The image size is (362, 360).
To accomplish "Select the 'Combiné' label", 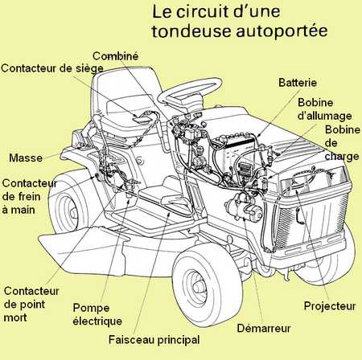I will pos(115,55).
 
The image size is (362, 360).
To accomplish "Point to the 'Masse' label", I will pos(26,157).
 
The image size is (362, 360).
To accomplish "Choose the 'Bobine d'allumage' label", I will pos(324,109).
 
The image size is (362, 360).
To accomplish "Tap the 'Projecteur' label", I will pos(330,306).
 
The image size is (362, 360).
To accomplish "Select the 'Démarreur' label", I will pos(264,328).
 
